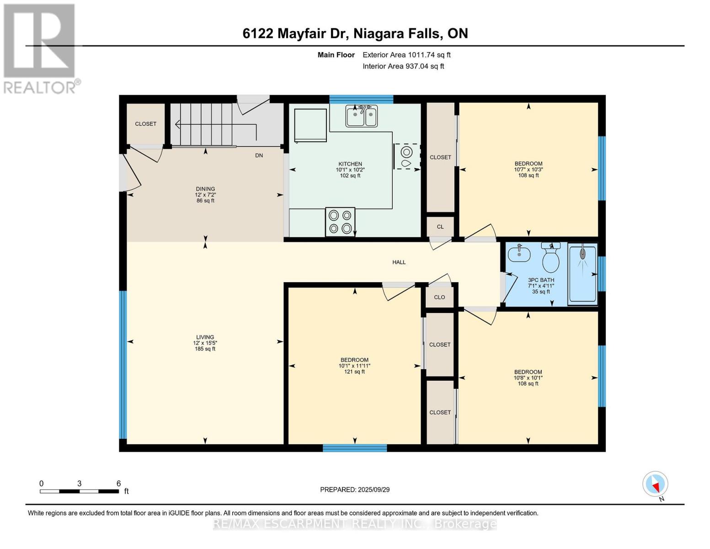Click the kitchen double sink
[x=361, y=116]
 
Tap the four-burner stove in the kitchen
[x=340, y=221]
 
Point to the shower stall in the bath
[x=582, y=274]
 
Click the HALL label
[x=399, y=262]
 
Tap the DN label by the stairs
[x=259, y=156]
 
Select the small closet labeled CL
[x=440, y=226]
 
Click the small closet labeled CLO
[x=439, y=297]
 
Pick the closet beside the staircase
[x=145, y=124]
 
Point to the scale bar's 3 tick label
[x=80, y=484]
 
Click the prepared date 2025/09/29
[x=355, y=490]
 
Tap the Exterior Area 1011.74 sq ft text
[x=406, y=55]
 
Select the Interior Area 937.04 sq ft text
[x=403, y=66]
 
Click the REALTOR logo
[x=40, y=48]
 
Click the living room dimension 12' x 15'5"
[x=205, y=343]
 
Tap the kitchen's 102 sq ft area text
[x=350, y=175]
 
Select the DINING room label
[x=205, y=189]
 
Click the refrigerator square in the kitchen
[x=310, y=125]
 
